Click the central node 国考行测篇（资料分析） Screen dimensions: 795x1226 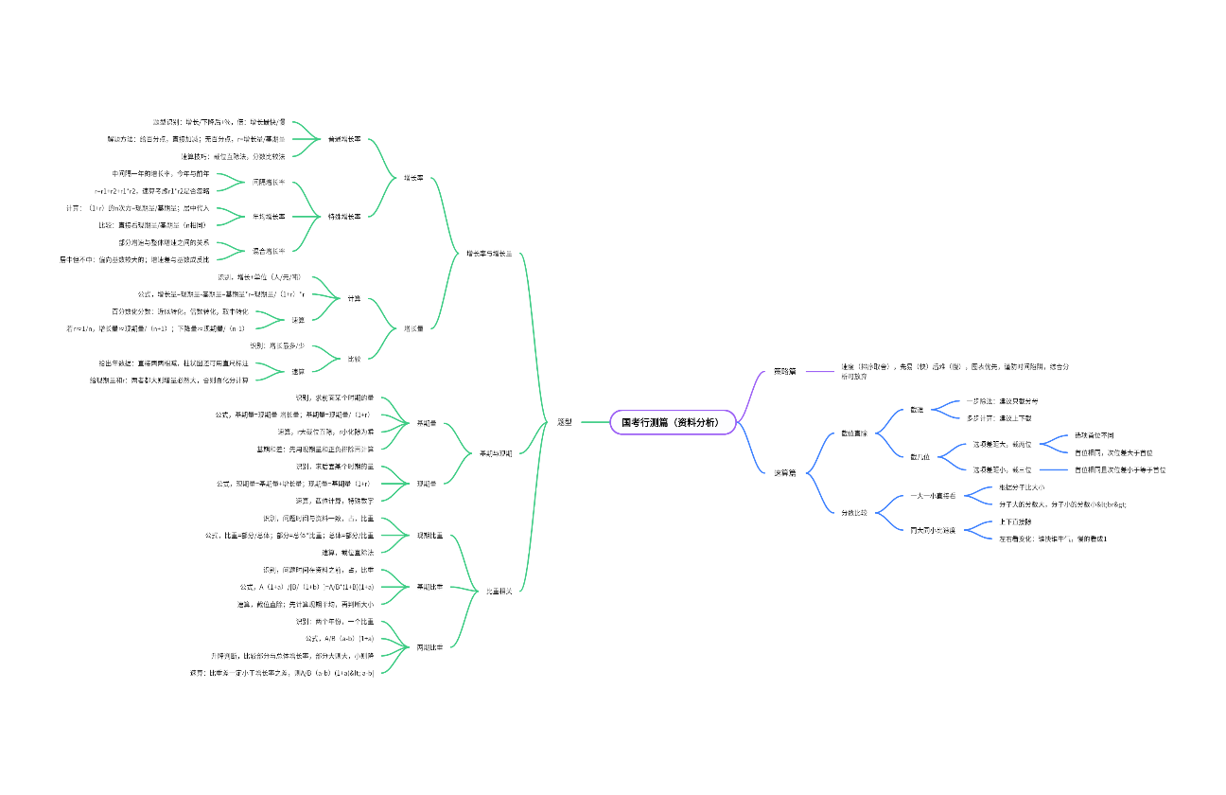(673, 422)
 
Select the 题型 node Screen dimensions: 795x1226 (565, 422)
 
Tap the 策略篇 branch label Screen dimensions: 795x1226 (785, 371)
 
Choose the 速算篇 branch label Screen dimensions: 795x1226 (785, 472)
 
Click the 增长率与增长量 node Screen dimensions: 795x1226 (489, 254)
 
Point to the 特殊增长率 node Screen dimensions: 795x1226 (345, 217)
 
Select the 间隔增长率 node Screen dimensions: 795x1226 (269, 182)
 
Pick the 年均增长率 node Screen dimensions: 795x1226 (269, 217)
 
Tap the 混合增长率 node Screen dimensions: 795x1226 (269, 251)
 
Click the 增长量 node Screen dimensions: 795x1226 (413, 328)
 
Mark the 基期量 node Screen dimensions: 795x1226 (427, 423)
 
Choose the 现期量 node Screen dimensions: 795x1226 (427, 484)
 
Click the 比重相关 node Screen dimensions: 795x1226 (499, 592)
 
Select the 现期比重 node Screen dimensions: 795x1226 (429, 536)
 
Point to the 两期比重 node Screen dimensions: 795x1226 (429, 647)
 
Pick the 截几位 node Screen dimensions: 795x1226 (919, 457)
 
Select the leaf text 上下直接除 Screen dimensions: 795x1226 (1015, 521)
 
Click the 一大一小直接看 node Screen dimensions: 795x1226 (933, 496)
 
